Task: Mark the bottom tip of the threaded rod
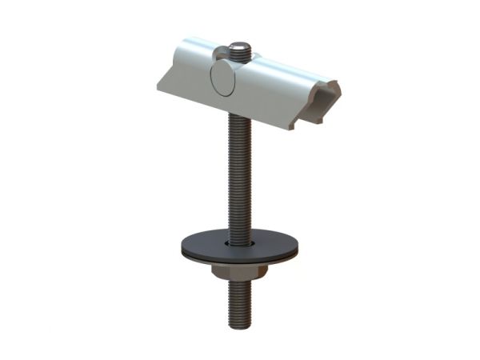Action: (x=239, y=326)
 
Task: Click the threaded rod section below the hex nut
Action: (x=239, y=304)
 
